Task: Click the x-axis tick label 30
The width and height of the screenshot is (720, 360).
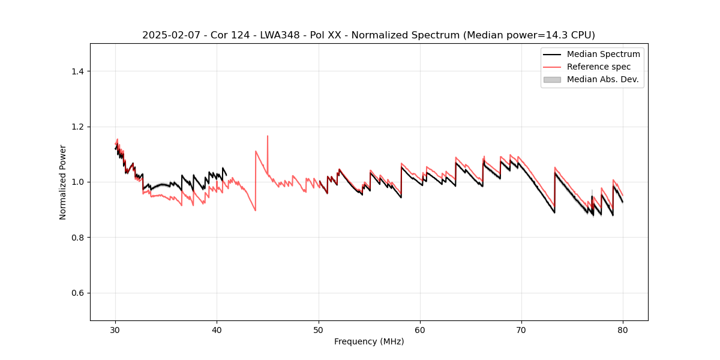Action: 116,329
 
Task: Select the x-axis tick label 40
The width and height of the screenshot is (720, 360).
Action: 217,329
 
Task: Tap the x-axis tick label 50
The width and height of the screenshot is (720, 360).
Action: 319,329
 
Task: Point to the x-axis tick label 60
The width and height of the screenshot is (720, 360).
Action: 420,329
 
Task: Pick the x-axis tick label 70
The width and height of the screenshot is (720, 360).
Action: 521,329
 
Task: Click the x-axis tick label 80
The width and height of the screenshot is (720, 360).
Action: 623,329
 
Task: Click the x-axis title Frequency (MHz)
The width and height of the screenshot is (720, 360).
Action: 369,341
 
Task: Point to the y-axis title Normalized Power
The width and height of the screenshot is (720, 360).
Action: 63,182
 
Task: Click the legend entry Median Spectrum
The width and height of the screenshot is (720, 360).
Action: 603,54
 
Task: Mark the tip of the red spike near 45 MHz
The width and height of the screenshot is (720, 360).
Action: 268,136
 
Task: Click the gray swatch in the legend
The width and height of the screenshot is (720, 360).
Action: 552,79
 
